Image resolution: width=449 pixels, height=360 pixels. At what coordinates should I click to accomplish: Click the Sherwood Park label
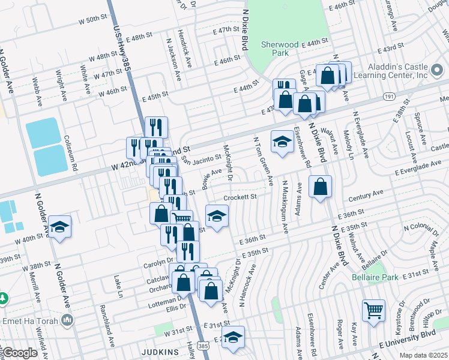[x=280, y=49]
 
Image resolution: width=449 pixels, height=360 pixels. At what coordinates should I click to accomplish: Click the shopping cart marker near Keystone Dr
[x=373, y=311]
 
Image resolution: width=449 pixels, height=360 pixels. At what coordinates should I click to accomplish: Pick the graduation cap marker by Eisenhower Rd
[x=281, y=142]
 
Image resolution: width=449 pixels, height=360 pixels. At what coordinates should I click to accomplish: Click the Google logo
[x=20, y=353]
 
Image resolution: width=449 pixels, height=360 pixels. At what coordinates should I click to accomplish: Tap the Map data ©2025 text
[x=422, y=355]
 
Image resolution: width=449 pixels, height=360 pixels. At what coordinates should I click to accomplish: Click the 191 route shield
[x=389, y=96]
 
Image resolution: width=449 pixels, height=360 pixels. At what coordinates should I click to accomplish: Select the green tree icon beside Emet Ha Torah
[x=2, y=298]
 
